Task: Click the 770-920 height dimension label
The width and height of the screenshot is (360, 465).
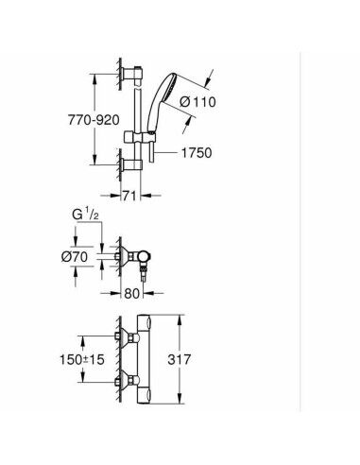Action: click(x=94, y=120)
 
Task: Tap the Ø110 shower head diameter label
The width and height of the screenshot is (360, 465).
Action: click(x=197, y=102)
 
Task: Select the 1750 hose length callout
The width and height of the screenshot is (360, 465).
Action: click(x=197, y=153)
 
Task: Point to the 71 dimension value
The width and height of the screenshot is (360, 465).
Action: click(x=129, y=196)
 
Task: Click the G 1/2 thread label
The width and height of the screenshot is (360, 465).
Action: click(x=85, y=215)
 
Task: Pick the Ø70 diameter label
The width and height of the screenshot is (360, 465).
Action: click(x=75, y=257)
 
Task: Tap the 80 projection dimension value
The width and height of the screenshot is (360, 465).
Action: click(x=131, y=294)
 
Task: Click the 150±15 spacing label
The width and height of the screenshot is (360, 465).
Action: click(x=82, y=359)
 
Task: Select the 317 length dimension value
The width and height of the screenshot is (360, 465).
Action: click(x=179, y=359)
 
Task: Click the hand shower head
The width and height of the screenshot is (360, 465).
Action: click(x=163, y=101)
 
